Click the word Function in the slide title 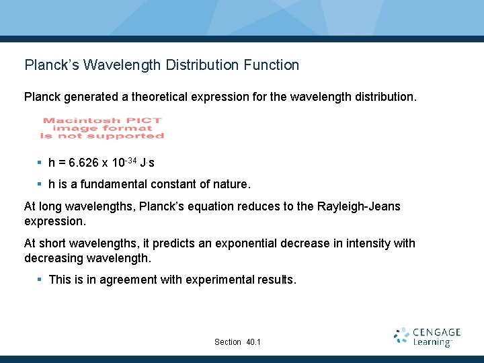coord(270,65)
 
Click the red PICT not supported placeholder coord(102,128)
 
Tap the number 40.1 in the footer coord(253,342)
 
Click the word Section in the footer coord(227,342)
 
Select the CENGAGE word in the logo coord(437,332)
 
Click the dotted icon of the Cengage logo coord(402,337)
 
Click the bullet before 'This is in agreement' coord(40,280)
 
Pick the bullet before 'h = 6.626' coord(40,163)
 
